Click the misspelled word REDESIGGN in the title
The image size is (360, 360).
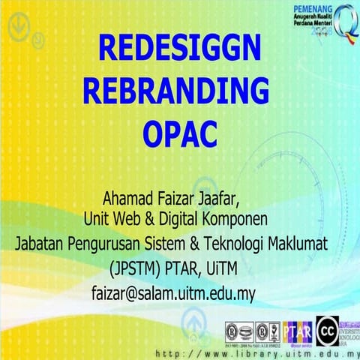pyautogui.click(x=179, y=50)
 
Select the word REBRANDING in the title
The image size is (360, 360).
pyautogui.click(x=175, y=92)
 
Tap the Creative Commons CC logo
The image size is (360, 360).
pyautogui.click(x=325, y=329)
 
